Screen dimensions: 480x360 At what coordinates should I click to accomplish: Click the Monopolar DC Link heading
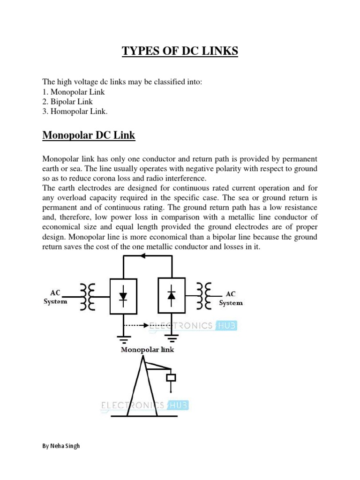point(89,136)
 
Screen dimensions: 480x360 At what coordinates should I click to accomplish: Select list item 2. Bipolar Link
point(67,102)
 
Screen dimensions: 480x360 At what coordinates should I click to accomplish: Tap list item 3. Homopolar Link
point(75,112)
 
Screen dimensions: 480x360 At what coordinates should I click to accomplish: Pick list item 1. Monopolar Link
point(74,92)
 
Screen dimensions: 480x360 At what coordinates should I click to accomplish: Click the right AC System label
point(231,298)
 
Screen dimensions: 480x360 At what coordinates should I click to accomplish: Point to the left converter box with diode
point(123,296)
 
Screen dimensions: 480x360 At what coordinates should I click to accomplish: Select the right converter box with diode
point(172,295)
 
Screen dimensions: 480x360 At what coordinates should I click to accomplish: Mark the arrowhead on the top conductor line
point(143,256)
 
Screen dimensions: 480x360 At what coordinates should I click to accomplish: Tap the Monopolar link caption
point(148,350)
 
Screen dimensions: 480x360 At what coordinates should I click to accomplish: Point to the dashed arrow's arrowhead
point(147,324)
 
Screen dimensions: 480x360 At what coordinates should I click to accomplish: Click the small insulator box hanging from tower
point(172,377)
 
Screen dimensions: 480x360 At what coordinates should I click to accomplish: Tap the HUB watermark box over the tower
point(178,405)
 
